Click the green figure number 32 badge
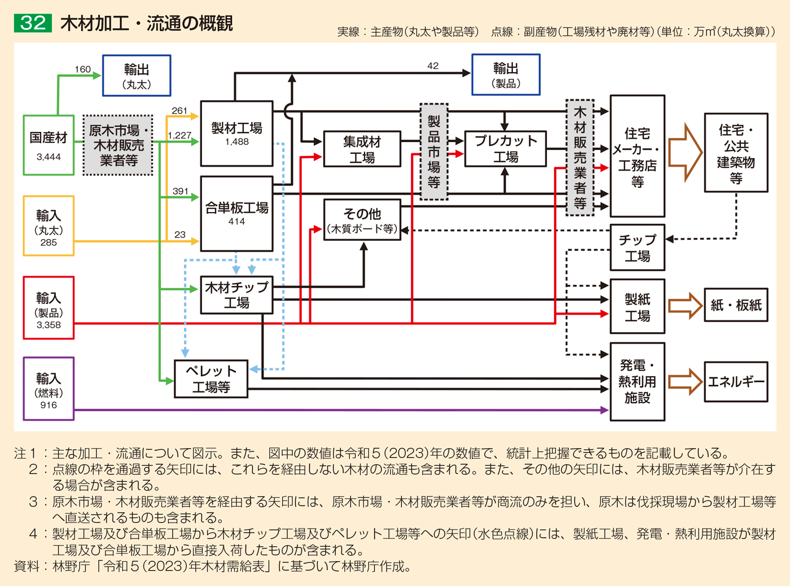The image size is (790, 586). point(33,23)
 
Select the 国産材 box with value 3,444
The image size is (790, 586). point(49,145)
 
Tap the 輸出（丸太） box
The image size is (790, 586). point(137,76)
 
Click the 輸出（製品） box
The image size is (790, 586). point(506,74)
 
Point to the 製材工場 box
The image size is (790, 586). point(237,134)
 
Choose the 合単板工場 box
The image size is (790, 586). point(237,214)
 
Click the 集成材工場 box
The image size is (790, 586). point(362,149)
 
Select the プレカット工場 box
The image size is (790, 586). point(506,149)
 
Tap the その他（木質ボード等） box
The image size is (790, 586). point(362,220)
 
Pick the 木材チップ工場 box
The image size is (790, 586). point(237,295)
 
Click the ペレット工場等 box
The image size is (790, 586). point(211,379)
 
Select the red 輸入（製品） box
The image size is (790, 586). point(49,308)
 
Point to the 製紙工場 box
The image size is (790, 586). point(637,307)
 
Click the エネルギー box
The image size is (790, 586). point(736,382)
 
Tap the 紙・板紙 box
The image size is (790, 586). point(736,305)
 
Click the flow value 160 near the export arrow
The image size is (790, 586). point(82,69)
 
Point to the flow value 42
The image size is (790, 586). point(433,66)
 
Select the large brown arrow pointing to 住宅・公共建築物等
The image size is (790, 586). point(685,152)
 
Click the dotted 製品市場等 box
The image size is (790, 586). point(434,152)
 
